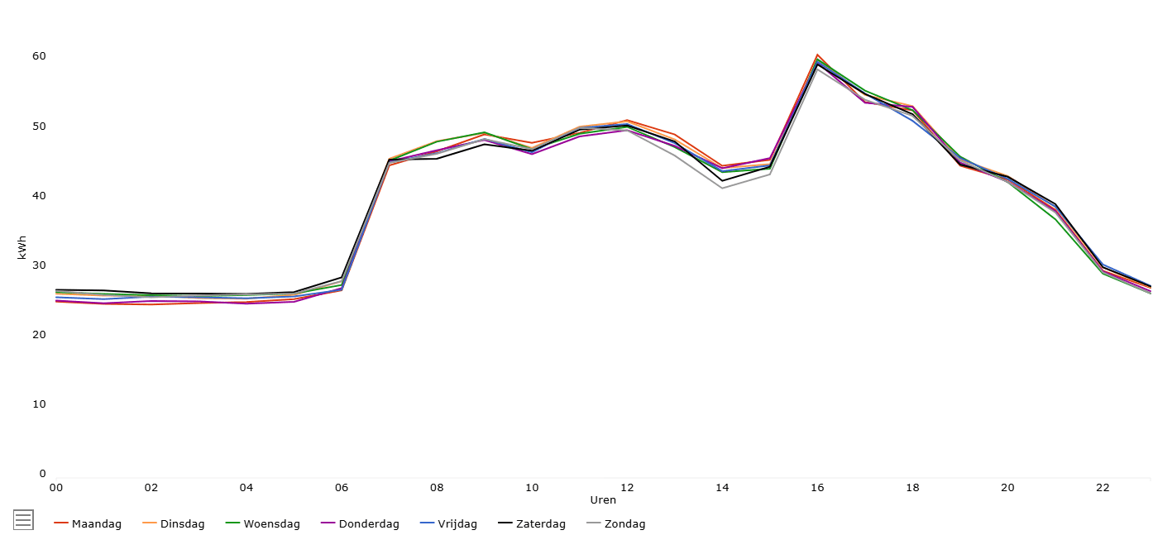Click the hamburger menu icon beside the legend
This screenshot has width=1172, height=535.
pos(23,519)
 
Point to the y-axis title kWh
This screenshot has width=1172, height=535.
pos(22,247)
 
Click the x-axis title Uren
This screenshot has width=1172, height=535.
pos(603,500)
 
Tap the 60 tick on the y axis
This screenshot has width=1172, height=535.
pos(39,56)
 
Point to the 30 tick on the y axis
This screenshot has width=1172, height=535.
pos(39,265)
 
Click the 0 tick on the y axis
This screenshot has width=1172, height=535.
pos(42,474)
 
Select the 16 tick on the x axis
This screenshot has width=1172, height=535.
pos(817,488)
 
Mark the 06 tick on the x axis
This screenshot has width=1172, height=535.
pos(342,488)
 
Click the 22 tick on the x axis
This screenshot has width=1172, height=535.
pos(1103,488)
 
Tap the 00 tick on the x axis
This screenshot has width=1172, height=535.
pos(56,488)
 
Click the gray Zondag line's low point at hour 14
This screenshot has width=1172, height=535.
pos(722,188)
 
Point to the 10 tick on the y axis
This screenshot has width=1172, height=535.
pos(39,404)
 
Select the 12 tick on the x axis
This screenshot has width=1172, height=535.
pos(627,488)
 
